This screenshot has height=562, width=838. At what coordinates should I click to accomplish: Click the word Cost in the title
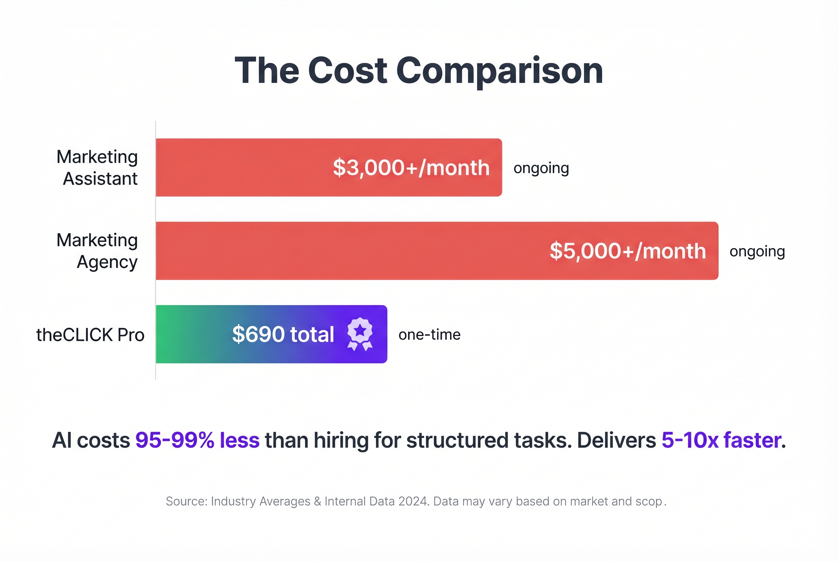[x=347, y=71]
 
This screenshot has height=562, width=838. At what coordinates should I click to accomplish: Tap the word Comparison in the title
[x=500, y=71]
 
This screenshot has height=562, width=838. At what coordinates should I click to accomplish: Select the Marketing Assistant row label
[x=97, y=167]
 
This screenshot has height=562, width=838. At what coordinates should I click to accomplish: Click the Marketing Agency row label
[x=97, y=251]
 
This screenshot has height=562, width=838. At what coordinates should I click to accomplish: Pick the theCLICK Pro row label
[x=90, y=335]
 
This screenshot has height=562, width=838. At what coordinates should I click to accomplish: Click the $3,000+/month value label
[x=411, y=168]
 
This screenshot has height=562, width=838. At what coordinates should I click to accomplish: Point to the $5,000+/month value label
[x=628, y=251]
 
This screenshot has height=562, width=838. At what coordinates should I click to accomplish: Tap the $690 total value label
[x=283, y=334]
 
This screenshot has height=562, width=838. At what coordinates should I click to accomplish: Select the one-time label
[x=429, y=335]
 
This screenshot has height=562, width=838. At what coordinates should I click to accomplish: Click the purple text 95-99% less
[x=197, y=440]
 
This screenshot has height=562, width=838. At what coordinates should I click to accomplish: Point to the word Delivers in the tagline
[x=616, y=440]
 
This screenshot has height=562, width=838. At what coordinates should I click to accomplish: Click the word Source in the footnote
[x=186, y=501]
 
